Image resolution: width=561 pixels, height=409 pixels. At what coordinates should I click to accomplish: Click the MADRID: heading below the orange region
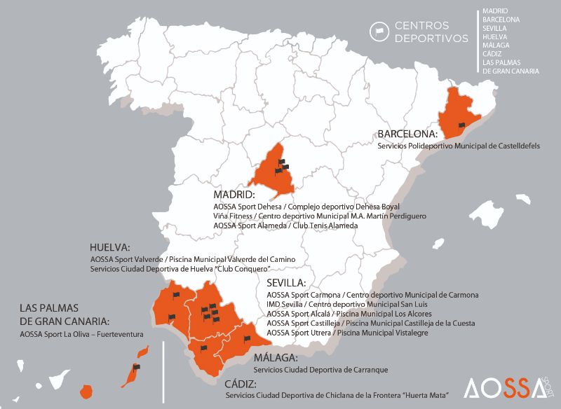(x=234, y=194)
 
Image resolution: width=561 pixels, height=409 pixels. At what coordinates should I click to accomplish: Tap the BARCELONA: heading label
(x=407, y=133)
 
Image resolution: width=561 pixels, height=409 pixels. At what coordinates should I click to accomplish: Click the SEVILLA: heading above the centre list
(x=286, y=283)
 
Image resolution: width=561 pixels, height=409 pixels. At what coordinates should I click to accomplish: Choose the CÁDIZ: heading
(x=241, y=384)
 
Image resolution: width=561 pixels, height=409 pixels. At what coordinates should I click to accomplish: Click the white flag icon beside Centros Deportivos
(x=379, y=31)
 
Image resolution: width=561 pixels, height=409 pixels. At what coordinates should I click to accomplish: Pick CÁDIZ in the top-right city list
(x=489, y=54)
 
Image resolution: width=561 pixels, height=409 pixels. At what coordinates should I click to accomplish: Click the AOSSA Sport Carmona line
(x=372, y=295)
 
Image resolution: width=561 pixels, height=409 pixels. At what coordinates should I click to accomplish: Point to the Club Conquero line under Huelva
(x=180, y=269)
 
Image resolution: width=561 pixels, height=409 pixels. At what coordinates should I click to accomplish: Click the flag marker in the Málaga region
(x=247, y=338)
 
